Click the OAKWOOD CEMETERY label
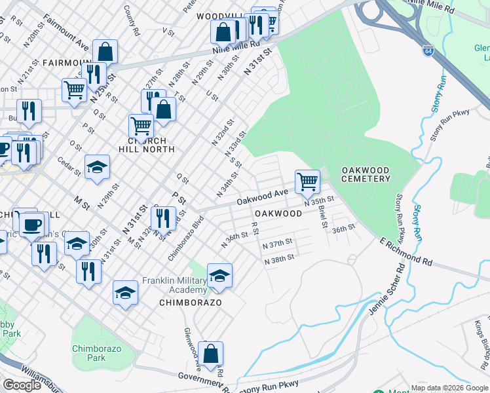[365, 174]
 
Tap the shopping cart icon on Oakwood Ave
[307, 181]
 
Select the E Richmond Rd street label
[406, 252]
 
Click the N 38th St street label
[278, 261]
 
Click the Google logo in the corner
[22, 385]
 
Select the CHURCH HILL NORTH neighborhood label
[142, 145]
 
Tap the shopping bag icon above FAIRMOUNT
[105, 51]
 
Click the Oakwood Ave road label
[263, 195]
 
